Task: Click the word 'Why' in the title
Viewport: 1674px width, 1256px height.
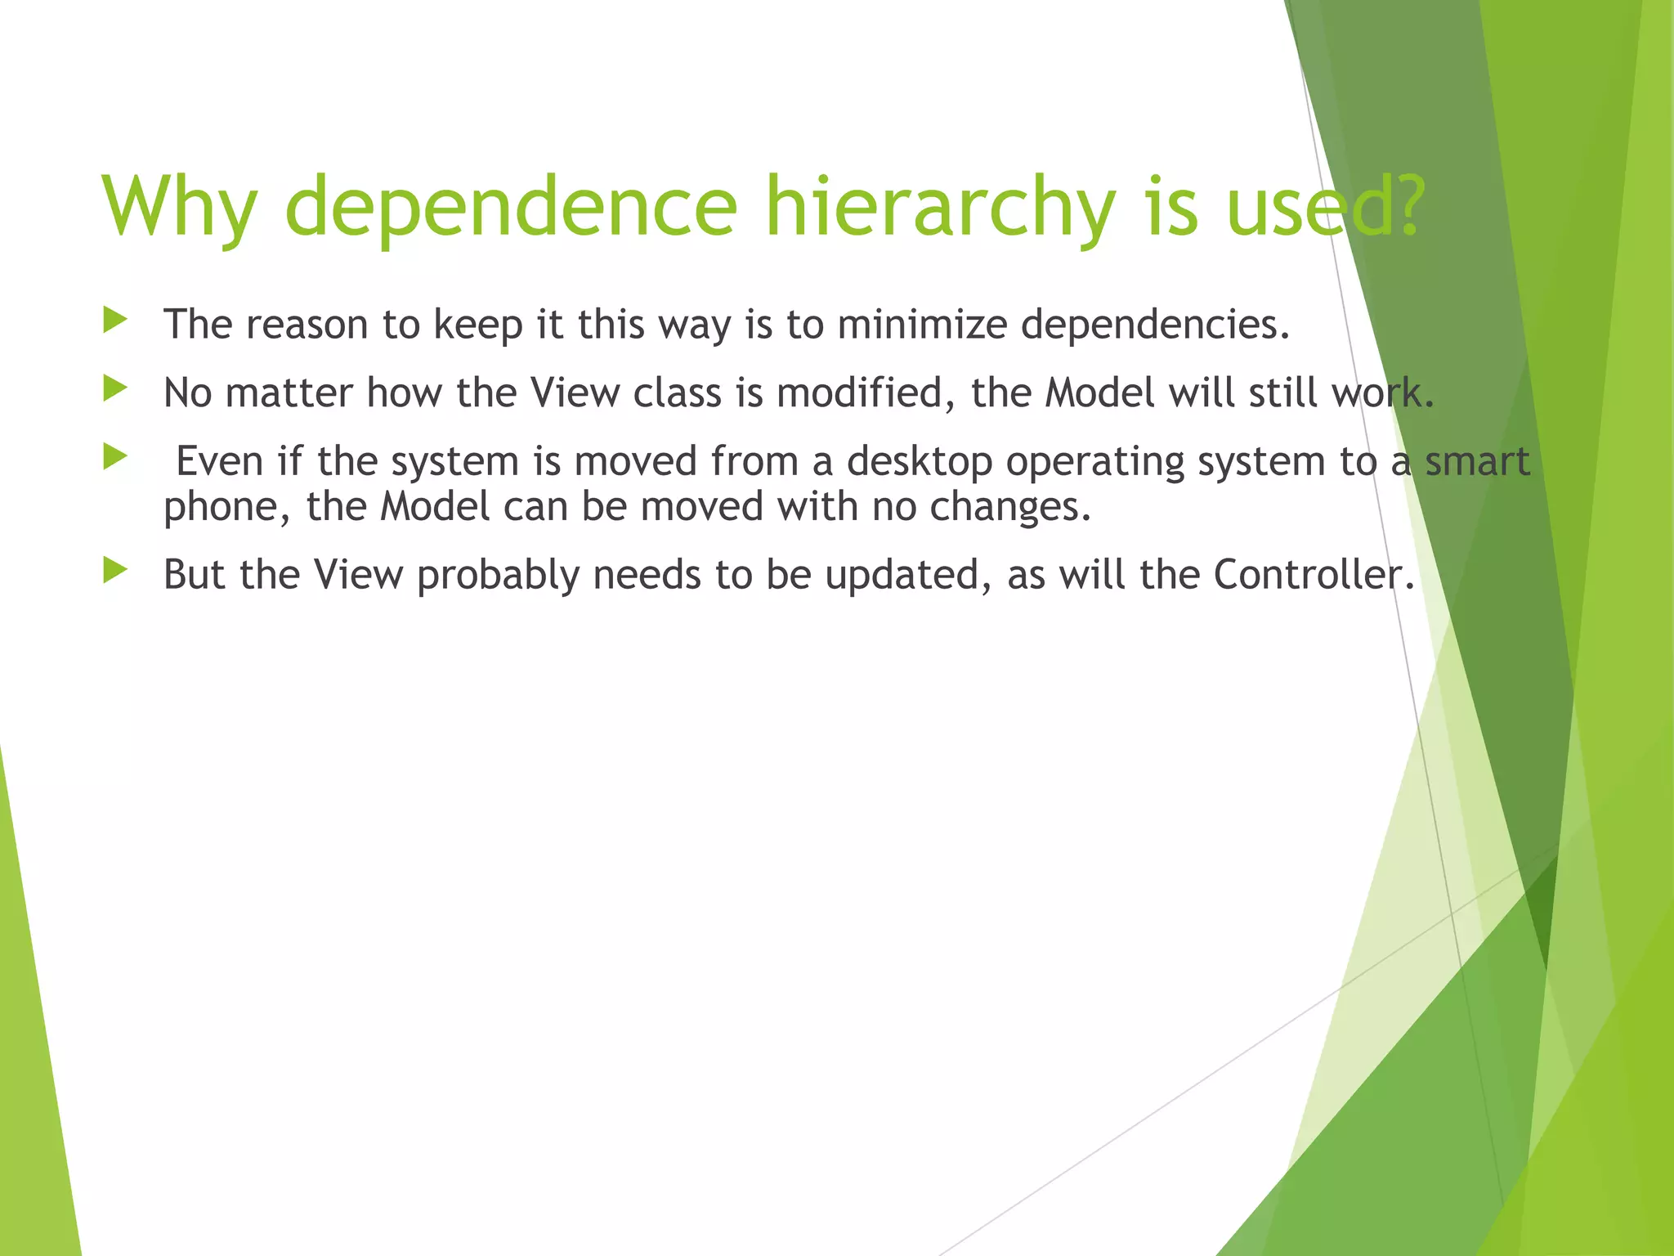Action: [179, 207]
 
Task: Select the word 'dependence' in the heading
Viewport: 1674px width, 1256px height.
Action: [511, 207]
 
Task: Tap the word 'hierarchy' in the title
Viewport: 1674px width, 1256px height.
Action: [940, 207]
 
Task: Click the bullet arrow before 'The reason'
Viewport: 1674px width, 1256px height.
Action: [115, 321]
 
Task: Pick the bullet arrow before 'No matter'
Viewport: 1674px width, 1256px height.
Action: [115, 389]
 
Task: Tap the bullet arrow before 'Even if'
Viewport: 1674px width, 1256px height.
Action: [115, 457]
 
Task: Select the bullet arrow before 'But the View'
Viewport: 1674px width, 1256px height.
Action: [115, 571]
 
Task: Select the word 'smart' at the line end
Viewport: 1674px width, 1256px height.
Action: [1477, 461]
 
